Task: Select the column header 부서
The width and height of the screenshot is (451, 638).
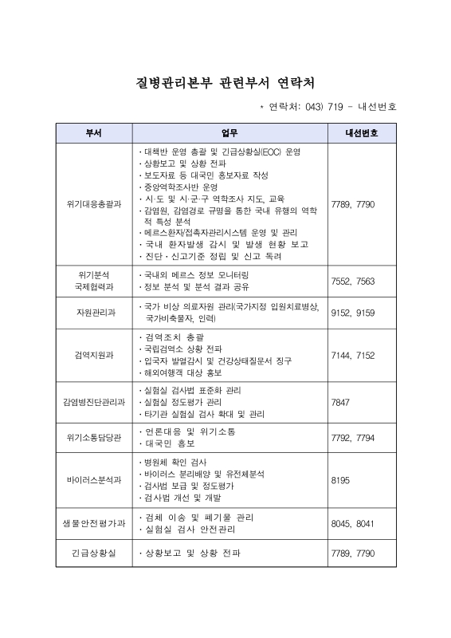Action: coord(94,132)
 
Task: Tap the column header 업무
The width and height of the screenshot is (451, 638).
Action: coord(229,132)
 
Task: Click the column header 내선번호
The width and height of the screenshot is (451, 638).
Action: coord(362,132)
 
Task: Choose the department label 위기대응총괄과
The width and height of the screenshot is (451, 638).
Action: coord(94,204)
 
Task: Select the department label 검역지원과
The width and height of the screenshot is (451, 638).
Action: coord(94,355)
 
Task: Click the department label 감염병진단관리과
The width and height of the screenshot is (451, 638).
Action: coord(94,403)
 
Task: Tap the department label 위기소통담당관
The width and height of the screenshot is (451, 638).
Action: coord(94,437)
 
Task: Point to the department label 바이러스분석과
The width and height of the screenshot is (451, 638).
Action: coord(94,480)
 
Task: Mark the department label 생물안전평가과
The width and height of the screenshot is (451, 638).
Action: coord(94,523)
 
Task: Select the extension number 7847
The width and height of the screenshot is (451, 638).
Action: coord(340,403)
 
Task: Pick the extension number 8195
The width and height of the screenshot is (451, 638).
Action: coord(340,480)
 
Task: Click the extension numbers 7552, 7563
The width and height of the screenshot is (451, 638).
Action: coord(352,281)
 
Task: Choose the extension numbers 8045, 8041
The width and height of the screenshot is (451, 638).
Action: coord(352,523)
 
